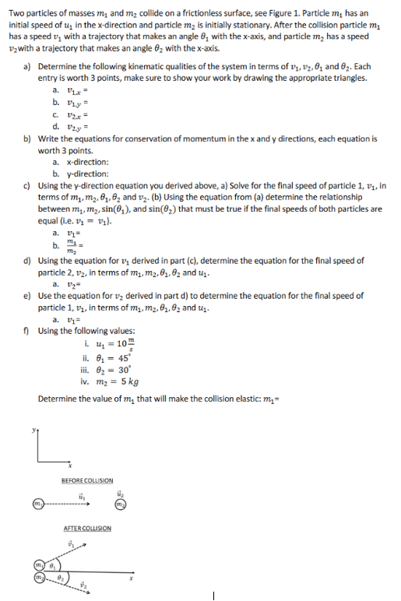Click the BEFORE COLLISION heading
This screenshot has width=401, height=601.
86,480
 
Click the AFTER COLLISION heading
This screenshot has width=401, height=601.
86,529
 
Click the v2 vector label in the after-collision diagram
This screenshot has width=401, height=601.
86,595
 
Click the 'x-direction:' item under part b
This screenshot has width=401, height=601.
84,163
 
